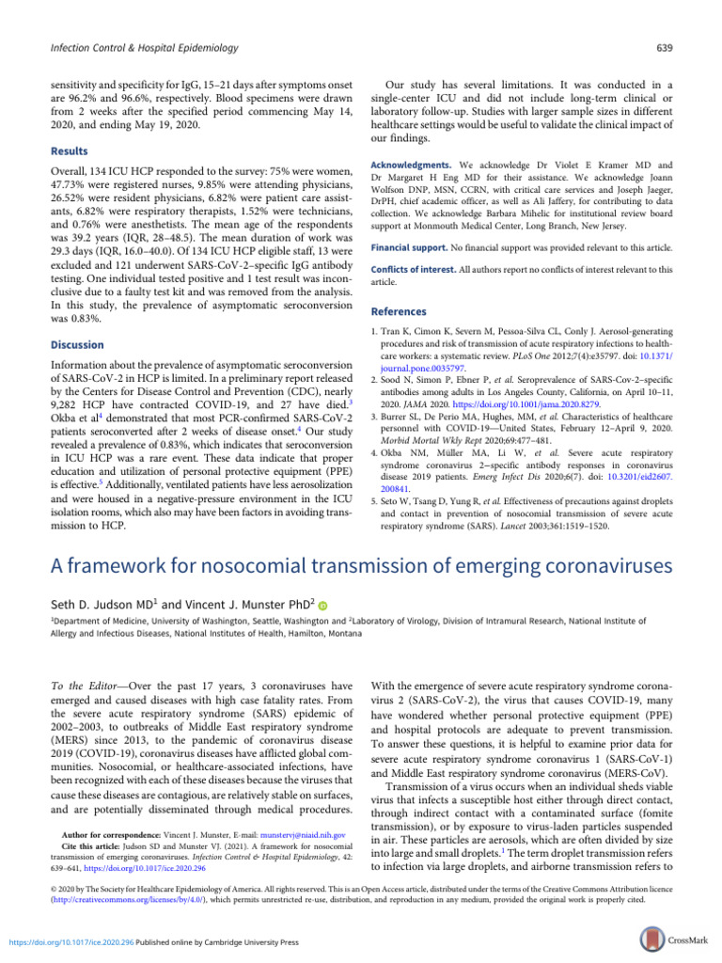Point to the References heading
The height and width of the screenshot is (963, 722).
[400, 311]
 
